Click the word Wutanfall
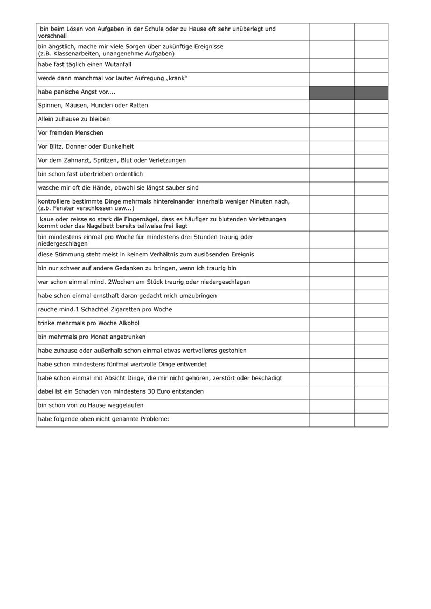coord(117,65)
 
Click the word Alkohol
coord(128,323)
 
